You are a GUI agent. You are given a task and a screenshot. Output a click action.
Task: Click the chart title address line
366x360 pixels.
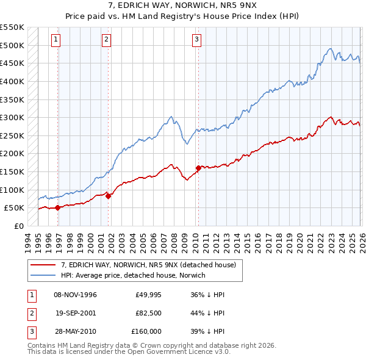pos(183,5)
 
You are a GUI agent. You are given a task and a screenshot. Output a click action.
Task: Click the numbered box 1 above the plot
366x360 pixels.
pos(56,40)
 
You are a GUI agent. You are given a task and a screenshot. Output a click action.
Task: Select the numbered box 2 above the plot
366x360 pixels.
pos(106,40)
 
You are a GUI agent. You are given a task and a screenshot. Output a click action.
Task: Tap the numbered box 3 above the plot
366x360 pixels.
pos(197,40)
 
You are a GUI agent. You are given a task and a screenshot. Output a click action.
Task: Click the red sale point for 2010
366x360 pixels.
pos(198,168)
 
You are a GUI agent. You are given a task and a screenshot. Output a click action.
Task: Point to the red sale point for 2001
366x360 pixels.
pos(109,196)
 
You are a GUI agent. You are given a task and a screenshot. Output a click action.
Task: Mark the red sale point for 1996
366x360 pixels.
pos(58,207)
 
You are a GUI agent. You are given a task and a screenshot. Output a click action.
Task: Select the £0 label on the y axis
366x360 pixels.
pos(18,226)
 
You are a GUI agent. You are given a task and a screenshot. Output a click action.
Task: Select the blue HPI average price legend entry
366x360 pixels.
pos(133,275)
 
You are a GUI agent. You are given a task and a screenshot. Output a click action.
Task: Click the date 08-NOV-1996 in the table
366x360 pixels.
pos(75,295)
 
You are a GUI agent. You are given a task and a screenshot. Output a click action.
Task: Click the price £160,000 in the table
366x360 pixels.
pos(146,331)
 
